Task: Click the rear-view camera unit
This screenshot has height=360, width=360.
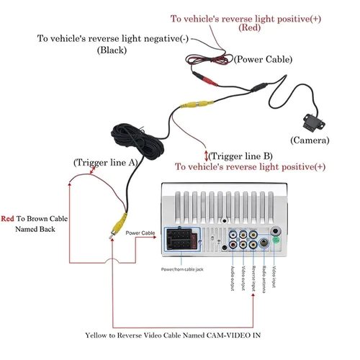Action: pos(314,123)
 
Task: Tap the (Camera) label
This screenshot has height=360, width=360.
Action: pos(310,140)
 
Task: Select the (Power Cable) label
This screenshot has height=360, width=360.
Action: pos(263,59)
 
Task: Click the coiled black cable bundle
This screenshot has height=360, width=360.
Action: pos(138,141)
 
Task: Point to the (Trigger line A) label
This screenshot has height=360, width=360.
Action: pos(106,163)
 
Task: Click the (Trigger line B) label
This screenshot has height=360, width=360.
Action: pos(240,156)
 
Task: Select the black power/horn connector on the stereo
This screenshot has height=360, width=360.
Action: pos(182,239)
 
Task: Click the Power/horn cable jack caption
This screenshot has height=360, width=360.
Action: pos(182,269)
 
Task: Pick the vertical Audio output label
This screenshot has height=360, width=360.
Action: pos(233,279)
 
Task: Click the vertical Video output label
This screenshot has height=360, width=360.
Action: pos(243,278)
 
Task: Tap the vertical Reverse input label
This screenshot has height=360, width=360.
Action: pos(253,279)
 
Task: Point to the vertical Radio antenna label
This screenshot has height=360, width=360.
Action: pos(264,279)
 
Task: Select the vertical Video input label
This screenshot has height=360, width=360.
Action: pos(274,276)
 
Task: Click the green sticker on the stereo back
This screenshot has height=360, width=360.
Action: pos(276,240)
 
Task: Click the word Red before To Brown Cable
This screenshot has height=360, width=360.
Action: pos(7,219)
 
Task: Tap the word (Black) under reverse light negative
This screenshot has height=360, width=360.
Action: pos(112,50)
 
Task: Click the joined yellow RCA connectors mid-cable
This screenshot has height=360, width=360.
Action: pos(197,104)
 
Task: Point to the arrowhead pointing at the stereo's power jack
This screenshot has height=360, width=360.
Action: pos(154,237)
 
